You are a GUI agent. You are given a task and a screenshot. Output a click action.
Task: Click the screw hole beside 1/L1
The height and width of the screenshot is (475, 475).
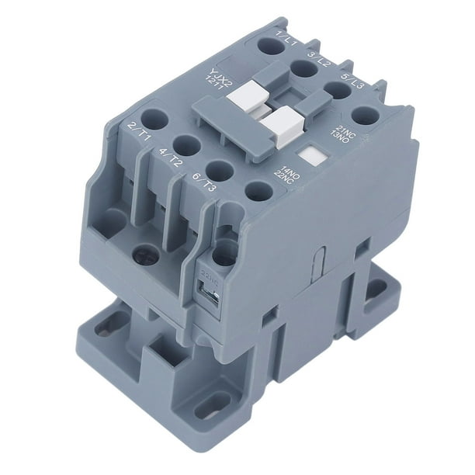(x=271, y=46)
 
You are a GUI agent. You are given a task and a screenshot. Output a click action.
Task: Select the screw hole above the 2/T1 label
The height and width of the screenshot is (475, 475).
(x=154, y=119)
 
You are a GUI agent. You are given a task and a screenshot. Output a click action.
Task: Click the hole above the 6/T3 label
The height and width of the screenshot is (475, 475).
(x=220, y=169)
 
